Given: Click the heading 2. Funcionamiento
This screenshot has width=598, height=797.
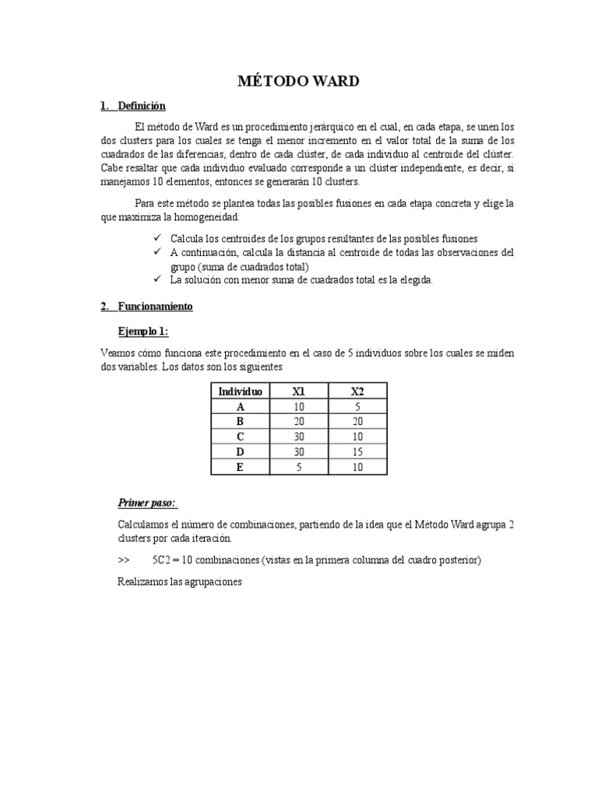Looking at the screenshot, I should pos(146,307).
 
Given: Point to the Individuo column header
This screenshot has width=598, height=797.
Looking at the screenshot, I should pos(240,391).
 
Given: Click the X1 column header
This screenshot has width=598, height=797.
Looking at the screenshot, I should pos(298,391).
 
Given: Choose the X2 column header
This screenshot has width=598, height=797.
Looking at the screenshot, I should pos(357,391).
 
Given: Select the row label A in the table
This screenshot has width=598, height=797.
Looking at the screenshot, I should pos(240,406).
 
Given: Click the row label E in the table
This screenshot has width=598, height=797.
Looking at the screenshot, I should pos(240,466).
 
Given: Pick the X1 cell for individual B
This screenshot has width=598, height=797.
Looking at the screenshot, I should pos(298,421).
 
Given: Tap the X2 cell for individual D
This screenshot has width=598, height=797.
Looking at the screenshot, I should pos(357,451).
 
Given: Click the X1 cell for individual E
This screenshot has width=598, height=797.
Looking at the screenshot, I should pos(298,466).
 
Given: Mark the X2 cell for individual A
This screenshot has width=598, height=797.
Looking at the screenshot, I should pos(357,406).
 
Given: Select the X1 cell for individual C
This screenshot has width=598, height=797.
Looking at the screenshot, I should pos(298,437).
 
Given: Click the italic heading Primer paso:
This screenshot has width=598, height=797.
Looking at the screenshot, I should pos(147,502).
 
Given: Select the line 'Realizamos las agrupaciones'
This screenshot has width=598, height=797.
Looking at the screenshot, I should pos(180,581).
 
